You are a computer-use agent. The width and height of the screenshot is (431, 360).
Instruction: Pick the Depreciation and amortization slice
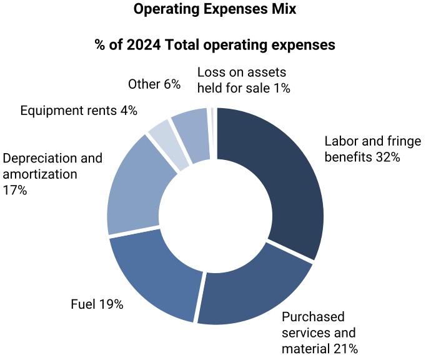tap(134, 187)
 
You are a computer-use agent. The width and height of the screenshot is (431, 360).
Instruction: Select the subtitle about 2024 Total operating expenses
tap(215, 45)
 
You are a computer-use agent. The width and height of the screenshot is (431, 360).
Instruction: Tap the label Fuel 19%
tap(97, 305)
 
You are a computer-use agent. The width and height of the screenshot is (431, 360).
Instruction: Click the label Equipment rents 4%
tap(79, 111)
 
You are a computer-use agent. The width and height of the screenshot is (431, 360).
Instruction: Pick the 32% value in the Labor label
tap(387, 157)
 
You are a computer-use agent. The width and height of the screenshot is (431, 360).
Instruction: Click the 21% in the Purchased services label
tap(345, 348)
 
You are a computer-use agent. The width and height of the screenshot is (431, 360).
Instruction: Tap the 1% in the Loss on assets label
tap(282, 88)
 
